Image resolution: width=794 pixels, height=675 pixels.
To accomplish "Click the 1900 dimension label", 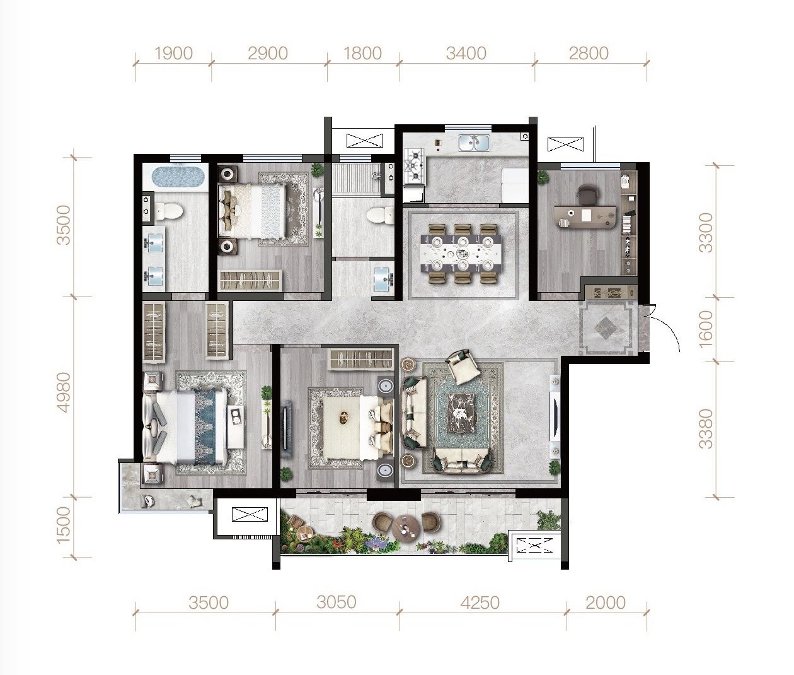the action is click(173, 54).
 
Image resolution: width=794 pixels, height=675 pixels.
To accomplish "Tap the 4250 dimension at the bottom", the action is click(480, 602).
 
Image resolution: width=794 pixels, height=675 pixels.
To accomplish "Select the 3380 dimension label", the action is click(706, 428).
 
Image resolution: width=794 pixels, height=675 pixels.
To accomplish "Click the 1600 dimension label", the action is click(706, 329).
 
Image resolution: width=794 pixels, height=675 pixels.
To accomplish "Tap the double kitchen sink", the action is click(474, 143).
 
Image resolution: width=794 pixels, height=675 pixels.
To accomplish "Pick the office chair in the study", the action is click(588, 195).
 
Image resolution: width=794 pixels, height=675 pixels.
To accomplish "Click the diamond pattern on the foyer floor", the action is click(606, 327).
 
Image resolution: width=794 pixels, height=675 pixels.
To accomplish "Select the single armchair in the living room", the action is click(463, 367).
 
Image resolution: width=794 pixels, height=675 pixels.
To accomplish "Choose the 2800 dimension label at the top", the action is click(589, 54).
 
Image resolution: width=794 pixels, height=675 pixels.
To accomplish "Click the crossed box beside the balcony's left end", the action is click(250, 514).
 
